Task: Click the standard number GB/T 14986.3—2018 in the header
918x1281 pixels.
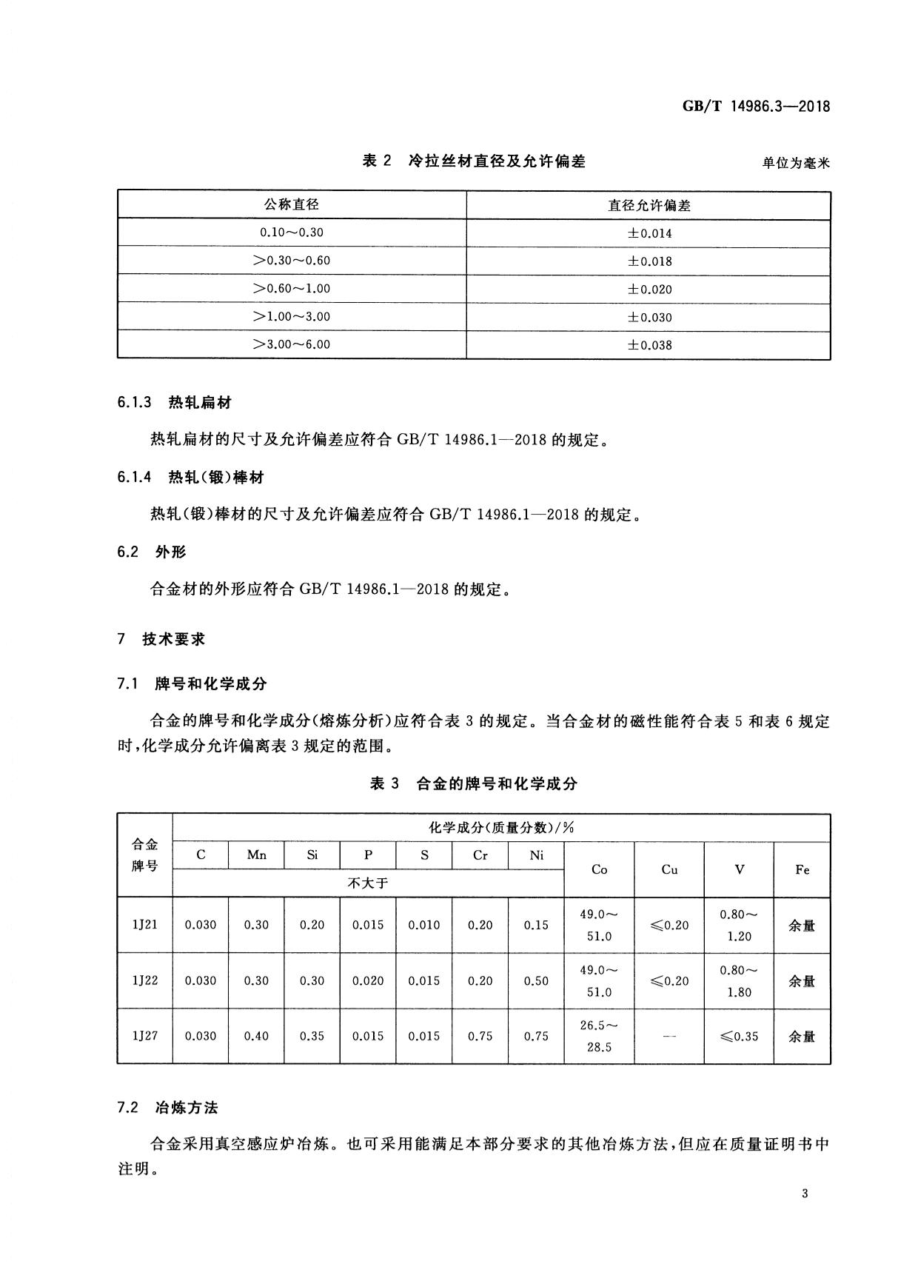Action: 756,106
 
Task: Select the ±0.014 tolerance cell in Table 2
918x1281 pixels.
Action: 649,233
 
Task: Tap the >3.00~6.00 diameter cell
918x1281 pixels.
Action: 292,344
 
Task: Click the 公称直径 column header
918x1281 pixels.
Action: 292,204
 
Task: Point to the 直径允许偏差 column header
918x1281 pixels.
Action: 649,205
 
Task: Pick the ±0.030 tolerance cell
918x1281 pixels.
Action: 649,317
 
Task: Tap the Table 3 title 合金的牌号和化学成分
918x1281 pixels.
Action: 473,783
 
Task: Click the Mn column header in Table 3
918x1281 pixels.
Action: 256,855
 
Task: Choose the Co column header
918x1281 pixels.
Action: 599,869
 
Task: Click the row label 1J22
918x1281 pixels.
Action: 144,980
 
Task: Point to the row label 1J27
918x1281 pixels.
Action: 144,1036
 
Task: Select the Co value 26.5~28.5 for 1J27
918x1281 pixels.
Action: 599,1036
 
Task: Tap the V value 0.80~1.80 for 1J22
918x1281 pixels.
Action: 739,980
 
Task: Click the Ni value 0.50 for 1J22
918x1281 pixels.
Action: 536,980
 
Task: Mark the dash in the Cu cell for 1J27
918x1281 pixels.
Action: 669,1037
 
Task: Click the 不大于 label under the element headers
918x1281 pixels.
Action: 368,883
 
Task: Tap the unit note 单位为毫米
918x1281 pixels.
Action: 796,163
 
